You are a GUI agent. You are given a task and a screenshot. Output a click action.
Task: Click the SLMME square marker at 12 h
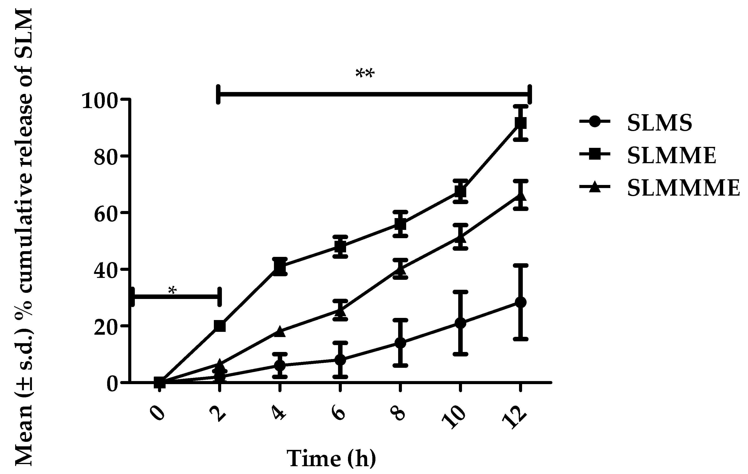coord(521,123)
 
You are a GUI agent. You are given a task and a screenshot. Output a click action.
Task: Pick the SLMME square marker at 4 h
coord(280,267)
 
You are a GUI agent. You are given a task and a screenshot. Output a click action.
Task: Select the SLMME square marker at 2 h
coord(220,326)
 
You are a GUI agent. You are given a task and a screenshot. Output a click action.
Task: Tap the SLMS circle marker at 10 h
coord(460,323)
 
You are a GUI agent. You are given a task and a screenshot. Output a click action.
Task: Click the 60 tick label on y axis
coord(106,214)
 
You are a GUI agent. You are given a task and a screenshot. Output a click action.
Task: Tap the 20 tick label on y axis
coord(106,327)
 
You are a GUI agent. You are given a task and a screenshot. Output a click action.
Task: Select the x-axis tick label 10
coord(454,418)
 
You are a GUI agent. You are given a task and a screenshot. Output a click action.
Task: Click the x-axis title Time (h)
coord(331,458)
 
